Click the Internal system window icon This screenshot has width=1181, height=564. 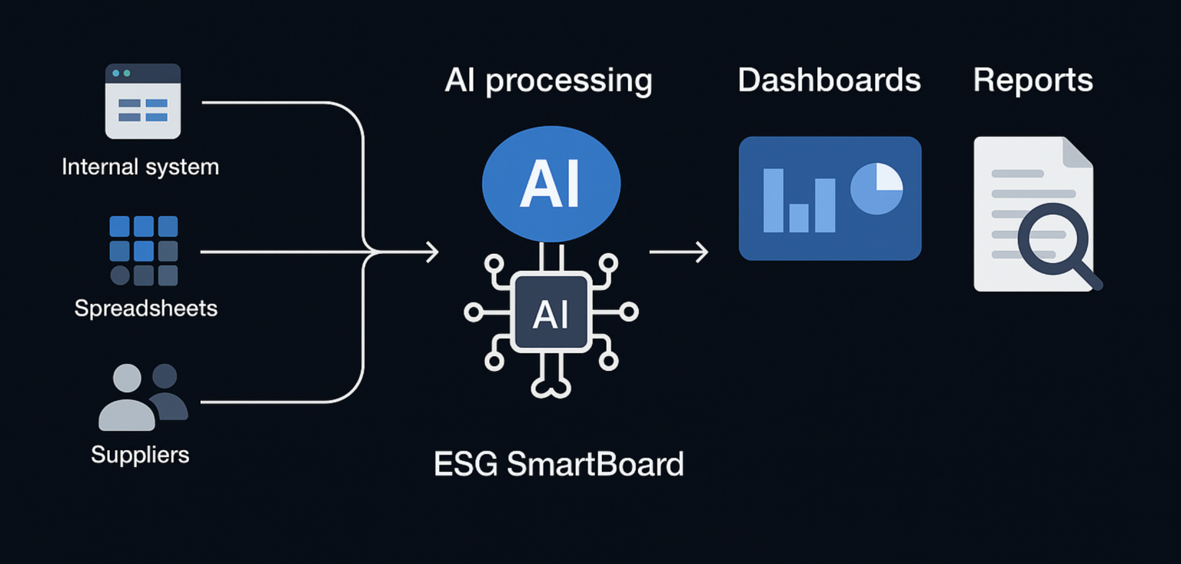pos(143,101)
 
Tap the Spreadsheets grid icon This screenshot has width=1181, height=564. pos(144,250)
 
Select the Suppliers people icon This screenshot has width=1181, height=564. pos(143,397)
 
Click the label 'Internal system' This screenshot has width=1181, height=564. pos(141,167)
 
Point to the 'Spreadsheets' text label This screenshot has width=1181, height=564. pos(146,309)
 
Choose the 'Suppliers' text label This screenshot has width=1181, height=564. pos(141,455)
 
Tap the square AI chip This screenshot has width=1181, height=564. pos(551,313)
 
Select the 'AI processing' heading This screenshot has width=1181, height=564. pos(548,81)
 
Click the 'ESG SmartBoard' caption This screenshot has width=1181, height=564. pos(559,464)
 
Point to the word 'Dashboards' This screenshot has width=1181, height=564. pos(829,81)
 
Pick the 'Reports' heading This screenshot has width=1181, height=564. pos(1033,81)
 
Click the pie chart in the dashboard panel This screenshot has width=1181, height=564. pos(877,189)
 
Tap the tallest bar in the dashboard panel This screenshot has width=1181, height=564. pos(773,200)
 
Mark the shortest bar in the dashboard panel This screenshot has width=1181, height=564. pos(799,218)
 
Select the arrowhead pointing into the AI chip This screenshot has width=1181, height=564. pos(432,252)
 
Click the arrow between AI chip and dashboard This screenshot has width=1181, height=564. pos(678,252)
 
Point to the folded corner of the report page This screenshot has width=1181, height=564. pos(1076,152)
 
